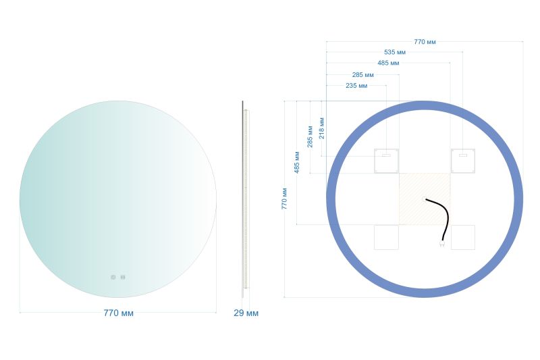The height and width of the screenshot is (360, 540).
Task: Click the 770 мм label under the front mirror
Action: pos(119,313)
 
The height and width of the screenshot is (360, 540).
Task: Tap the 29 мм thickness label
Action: pos(246,313)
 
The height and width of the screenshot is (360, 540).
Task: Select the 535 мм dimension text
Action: pos(395,53)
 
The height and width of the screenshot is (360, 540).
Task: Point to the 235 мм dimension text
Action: pos(356,85)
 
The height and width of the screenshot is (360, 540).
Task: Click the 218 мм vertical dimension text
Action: pos(322,128)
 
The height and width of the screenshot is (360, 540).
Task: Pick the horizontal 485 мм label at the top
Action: pos(388,63)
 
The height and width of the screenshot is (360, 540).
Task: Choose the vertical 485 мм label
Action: pos(297,162)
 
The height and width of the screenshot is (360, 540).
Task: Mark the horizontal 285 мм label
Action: pos(362,75)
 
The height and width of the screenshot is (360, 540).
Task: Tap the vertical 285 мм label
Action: pos(310,136)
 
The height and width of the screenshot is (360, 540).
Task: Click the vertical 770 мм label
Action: pos(284,199)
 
